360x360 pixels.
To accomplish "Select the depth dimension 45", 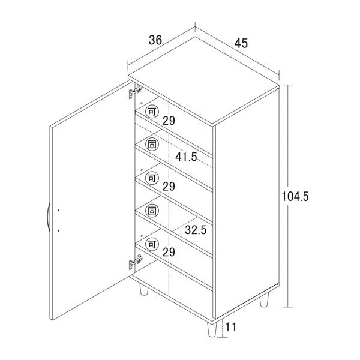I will (x=242, y=43).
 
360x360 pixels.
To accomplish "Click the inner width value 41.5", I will (x=187, y=157).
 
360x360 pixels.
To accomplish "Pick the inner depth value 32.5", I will (x=196, y=230).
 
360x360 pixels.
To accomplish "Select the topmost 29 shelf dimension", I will (x=169, y=121).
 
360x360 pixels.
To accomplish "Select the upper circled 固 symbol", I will (x=152, y=145).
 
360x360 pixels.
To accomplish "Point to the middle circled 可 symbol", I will (x=152, y=178).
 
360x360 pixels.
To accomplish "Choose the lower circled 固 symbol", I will (x=152, y=211).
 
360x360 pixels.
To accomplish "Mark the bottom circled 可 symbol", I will (x=152, y=245).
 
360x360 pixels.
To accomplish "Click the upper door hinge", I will (x=134, y=92).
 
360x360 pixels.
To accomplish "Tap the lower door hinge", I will (x=134, y=262).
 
